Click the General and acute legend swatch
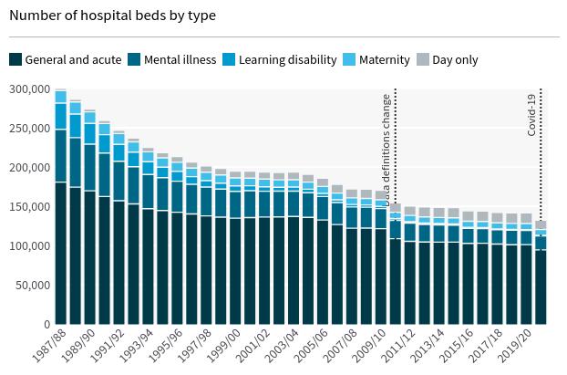click(15, 59)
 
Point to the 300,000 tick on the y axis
click(30, 89)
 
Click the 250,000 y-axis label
click(30, 129)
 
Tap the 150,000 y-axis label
click(30, 207)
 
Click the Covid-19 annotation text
click(532, 113)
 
